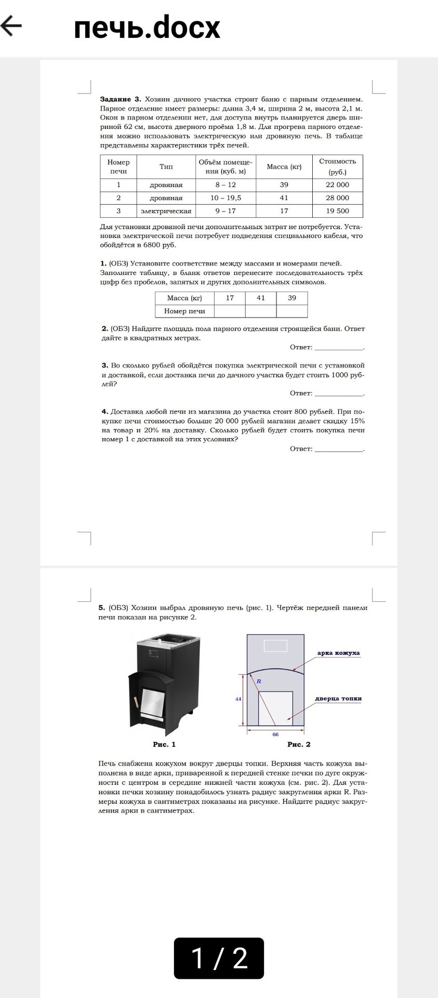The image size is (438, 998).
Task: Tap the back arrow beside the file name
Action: point(11,25)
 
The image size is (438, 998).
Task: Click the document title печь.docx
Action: point(147,27)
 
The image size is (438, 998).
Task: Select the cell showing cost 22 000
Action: point(337,185)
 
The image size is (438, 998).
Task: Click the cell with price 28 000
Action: point(337,198)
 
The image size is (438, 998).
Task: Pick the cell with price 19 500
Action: point(337,211)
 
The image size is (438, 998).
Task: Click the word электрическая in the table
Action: point(166,211)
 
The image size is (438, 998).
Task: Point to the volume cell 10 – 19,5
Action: point(225,198)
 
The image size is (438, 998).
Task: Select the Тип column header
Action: point(166,166)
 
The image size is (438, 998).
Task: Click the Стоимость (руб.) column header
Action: point(337,166)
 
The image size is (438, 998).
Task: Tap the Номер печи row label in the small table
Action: point(184,311)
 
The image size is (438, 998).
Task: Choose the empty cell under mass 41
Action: point(261,311)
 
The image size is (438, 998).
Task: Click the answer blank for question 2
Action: point(339,347)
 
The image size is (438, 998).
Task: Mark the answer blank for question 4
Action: point(339,449)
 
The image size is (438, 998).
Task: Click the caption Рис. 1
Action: point(164,744)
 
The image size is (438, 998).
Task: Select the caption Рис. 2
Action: point(299,744)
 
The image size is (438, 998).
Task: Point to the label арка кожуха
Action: point(338,653)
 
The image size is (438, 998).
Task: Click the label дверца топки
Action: point(338,698)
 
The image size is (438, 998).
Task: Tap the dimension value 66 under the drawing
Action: point(275,734)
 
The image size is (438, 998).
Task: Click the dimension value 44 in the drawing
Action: point(238,699)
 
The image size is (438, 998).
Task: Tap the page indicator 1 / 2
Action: point(219,958)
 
